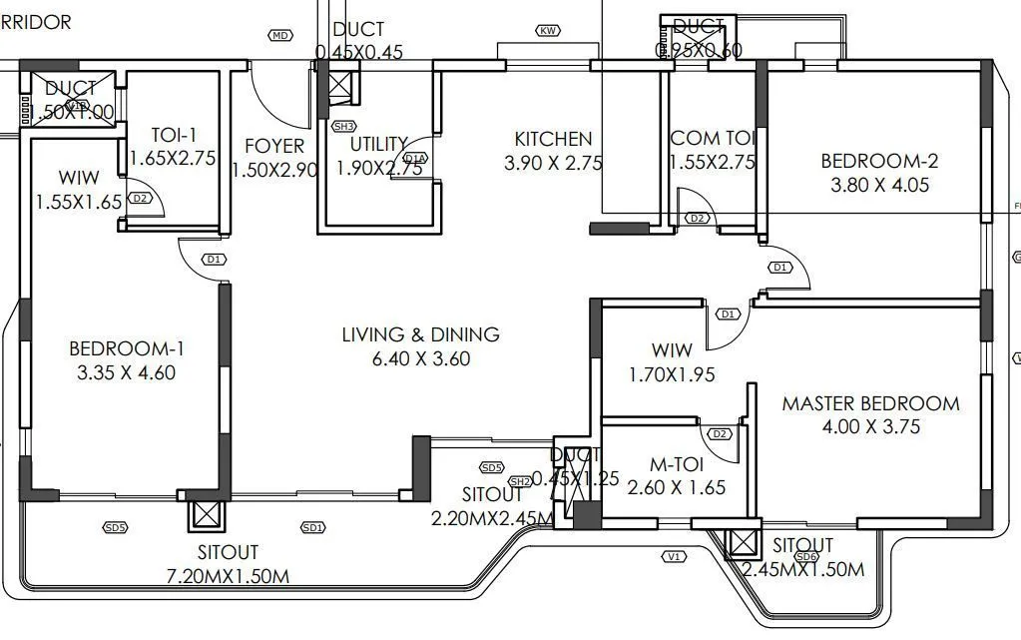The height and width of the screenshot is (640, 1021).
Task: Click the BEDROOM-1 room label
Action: point(127,348)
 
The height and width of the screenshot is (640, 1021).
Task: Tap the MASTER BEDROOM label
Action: point(870,403)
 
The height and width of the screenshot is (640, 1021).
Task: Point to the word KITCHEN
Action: point(553,139)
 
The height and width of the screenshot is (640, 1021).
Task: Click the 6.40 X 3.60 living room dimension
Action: point(420,358)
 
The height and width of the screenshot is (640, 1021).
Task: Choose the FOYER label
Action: point(273,146)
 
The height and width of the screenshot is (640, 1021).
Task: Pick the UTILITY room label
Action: point(378,144)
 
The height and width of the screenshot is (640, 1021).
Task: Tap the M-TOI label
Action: point(677,464)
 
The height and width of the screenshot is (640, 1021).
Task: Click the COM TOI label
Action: point(712,138)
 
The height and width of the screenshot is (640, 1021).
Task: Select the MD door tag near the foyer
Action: point(280,36)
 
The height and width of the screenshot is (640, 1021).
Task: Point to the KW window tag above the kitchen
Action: point(547,31)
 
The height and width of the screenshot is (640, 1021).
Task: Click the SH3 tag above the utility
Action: point(343,127)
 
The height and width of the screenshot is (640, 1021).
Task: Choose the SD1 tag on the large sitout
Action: point(313,527)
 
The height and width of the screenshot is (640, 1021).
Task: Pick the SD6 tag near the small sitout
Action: point(808,556)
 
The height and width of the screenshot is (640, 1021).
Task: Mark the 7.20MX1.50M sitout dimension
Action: point(227,576)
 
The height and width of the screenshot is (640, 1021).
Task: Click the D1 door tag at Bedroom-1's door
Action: point(213,260)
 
